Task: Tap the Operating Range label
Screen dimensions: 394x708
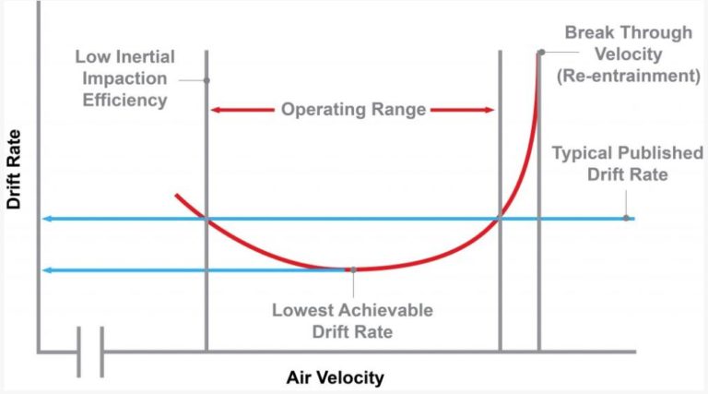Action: (353, 110)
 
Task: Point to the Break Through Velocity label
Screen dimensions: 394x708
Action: (630, 43)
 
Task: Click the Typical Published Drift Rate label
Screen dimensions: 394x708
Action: (627, 162)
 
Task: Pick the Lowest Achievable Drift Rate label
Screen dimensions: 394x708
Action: (352, 319)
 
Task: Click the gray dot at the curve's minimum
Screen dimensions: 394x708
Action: (352, 269)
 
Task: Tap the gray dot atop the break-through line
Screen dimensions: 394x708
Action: (540, 52)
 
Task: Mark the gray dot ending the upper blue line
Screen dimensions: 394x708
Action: (626, 219)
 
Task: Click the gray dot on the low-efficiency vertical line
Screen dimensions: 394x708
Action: (206, 80)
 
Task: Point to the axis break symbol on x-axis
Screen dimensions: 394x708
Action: (89, 352)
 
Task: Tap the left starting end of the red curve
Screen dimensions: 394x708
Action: (175, 195)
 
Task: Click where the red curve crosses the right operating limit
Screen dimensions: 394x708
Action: (500, 219)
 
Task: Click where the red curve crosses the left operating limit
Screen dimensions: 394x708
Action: (206, 219)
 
